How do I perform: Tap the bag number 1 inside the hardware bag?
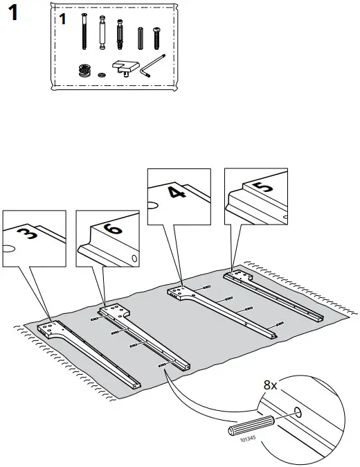click(x=62, y=19)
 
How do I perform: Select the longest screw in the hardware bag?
click(x=84, y=32)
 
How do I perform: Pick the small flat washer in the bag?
click(x=102, y=73)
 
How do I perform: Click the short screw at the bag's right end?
click(x=156, y=36)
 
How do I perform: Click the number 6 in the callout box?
click(x=114, y=230)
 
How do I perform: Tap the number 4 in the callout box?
click(x=178, y=191)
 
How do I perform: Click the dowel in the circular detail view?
click(x=251, y=424)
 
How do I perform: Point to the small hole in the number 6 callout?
click(x=134, y=258)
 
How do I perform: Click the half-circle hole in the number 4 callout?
click(x=153, y=205)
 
